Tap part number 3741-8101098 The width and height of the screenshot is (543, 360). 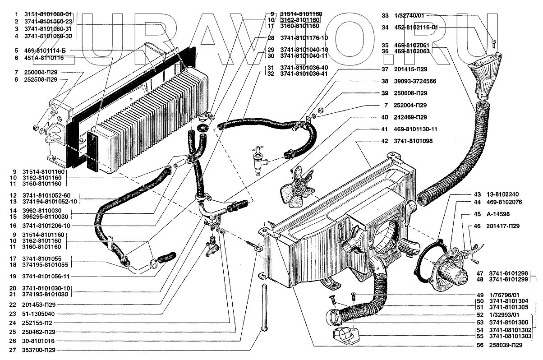(413, 141)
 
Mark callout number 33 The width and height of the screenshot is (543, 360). (385, 15)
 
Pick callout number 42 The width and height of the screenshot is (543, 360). (385, 141)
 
